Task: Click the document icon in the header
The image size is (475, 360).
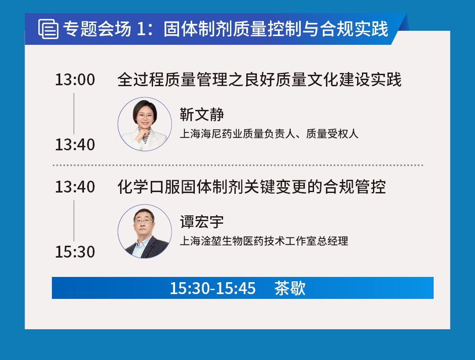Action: point(48,29)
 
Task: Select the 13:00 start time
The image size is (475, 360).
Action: point(75,80)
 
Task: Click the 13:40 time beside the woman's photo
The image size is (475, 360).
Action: point(75,145)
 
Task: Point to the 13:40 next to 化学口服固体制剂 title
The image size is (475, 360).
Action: point(75,187)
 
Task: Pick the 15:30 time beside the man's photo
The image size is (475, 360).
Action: point(75,251)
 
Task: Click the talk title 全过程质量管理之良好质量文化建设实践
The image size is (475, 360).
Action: point(259,80)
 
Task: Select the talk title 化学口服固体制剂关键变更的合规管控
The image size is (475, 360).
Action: point(252,187)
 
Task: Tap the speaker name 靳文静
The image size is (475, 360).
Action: point(202,114)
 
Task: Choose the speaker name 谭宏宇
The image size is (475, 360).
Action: point(202,222)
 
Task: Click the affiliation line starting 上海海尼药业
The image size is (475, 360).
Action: point(269,134)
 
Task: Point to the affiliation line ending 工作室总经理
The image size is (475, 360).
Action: point(264,241)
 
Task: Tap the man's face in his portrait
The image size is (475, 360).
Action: point(144,223)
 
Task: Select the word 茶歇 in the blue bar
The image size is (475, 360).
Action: point(290,288)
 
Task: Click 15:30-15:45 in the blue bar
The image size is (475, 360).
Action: point(213,288)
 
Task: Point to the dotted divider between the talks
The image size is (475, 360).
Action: point(238,165)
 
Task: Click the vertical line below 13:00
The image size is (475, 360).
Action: point(74,113)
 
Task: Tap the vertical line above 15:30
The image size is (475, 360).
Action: point(74,221)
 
